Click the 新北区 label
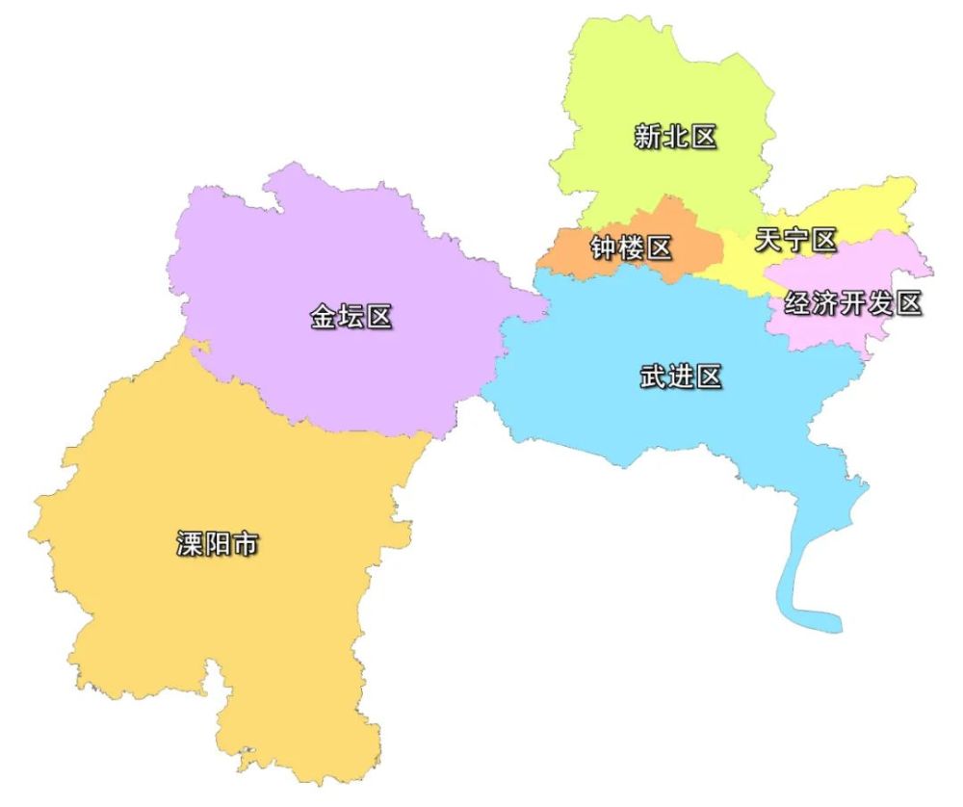pos(675,137)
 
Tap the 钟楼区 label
pos(631,248)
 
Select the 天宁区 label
pos(795,240)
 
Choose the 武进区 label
pos(681,377)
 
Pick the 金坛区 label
pos(351,316)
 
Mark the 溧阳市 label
pos(218,545)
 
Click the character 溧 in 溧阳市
pos(190,545)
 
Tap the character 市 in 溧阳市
pos(246,545)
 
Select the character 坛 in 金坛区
pos(351,316)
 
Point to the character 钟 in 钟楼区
pos(604,248)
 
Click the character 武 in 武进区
pos(653,377)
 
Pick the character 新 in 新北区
pos(647,137)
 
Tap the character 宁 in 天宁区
pos(795,240)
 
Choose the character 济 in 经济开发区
pos(825,303)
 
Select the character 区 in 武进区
pos(709,377)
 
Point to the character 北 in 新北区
pos(675,137)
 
